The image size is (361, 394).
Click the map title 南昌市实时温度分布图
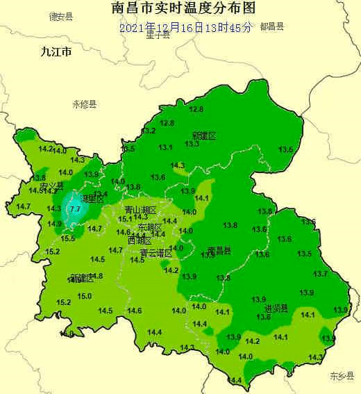(x=183, y=8)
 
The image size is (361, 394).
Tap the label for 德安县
(x=62, y=16)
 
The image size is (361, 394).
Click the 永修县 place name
(x=85, y=104)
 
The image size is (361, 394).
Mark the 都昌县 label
(x=272, y=26)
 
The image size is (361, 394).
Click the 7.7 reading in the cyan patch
(x=76, y=208)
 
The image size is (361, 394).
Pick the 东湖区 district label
(x=149, y=227)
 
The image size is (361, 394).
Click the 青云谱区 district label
(x=156, y=252)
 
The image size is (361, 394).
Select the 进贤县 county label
(x=276, y=308)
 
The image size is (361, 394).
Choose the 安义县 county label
(x=51, y=186)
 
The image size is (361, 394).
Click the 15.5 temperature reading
(x=68, y=238)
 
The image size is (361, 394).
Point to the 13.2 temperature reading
(x=149, y=131)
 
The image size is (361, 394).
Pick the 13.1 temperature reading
(x=165, y=147)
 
